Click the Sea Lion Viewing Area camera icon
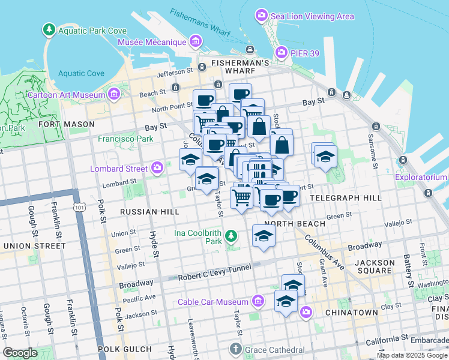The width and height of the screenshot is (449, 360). point(261,15)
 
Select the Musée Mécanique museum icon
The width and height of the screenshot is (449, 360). point(195,41)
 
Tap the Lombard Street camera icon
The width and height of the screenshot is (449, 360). point(158,167)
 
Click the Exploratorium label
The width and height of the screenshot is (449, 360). point(420,177)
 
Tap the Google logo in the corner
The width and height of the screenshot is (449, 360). point(20,353)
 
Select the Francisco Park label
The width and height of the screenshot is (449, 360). point(126,139)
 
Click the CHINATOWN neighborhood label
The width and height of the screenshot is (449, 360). point(351,313)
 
